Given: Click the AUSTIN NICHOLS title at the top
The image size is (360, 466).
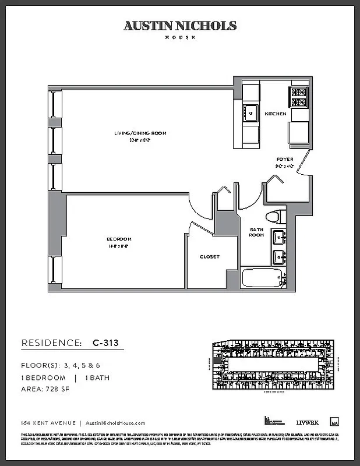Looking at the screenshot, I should pos(180,26).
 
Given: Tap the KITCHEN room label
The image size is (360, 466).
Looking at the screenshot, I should pos(276,114).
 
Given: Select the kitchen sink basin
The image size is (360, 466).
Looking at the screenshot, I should pos(251,112).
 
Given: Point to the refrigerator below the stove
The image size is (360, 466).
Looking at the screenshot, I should pos(298,132).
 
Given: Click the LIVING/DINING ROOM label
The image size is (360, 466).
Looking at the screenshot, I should pos(140,133).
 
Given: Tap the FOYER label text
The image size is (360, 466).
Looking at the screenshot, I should pos(284,159).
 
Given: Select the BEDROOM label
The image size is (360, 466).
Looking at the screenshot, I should pos(119,239).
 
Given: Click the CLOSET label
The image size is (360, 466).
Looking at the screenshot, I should pos(210,257).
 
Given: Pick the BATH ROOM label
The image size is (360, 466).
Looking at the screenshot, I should pos(257,232).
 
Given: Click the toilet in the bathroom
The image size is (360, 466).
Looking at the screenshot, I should pos(274,217).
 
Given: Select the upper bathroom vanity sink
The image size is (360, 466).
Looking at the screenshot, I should pos(278,238).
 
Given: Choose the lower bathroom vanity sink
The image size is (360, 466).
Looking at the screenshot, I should pos(278,256).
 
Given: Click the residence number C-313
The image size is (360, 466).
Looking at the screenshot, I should pos(105,343).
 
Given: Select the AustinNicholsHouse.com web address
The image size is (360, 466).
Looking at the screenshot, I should pos(115,423).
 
